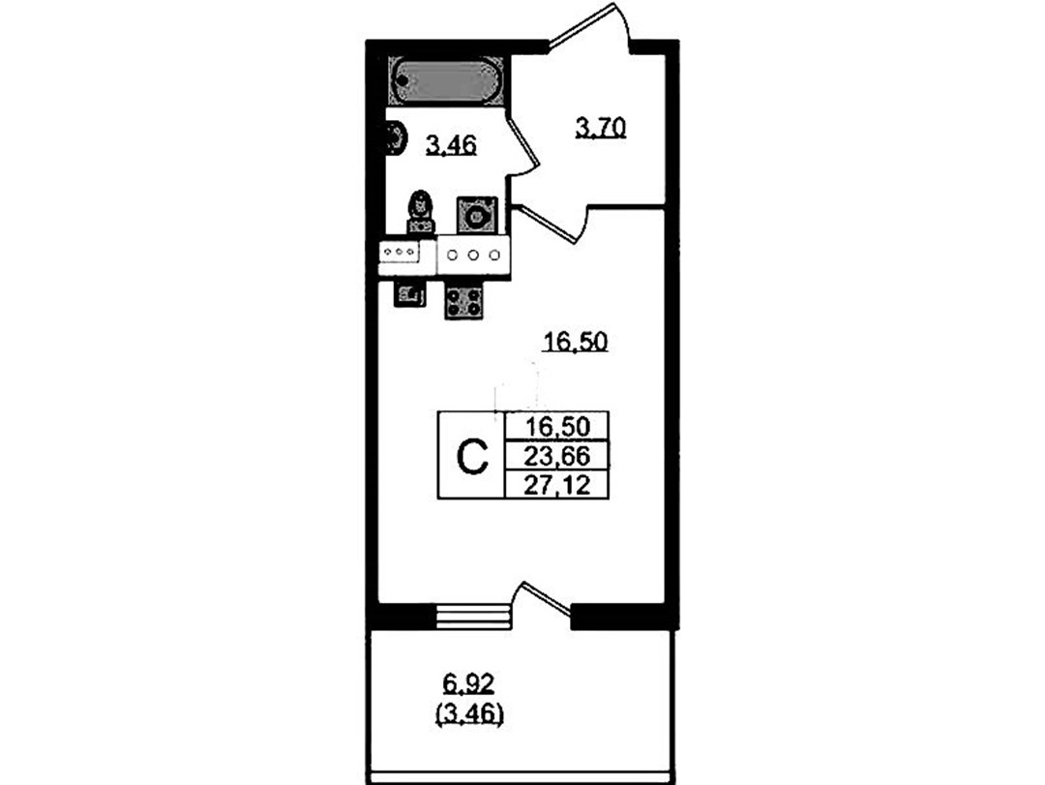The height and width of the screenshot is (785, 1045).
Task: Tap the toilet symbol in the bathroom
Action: [421, 211]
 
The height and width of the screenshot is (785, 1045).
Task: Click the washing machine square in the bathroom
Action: [476, 215]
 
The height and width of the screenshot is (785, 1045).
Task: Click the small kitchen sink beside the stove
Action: [409, 295]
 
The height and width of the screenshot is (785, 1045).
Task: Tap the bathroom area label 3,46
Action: [451, 145]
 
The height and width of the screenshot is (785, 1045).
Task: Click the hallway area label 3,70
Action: [601, 127]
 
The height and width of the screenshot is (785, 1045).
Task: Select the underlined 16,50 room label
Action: [576, 342]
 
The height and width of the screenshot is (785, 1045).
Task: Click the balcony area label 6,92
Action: [469, 683]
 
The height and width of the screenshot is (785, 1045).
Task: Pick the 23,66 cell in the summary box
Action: [557, 457]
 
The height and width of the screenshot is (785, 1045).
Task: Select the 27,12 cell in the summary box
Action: [557, 485]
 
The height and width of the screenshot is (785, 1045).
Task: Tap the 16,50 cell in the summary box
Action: [557, 426]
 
